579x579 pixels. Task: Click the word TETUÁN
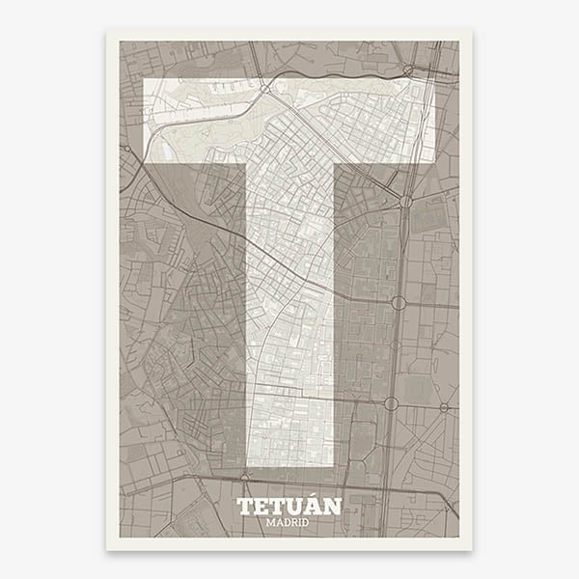click(289, 507)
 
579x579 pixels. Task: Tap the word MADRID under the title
click(289, 522)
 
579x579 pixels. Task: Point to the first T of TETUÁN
click(245, 507)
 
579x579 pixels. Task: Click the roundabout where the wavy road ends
click(409, 69)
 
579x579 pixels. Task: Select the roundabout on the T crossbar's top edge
click(264, 88)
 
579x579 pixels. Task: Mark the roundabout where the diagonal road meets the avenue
click(406, 202)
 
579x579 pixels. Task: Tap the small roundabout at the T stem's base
click(244, 475)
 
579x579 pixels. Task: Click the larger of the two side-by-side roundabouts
click(392, 403)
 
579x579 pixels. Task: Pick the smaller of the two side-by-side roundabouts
click(444, 407)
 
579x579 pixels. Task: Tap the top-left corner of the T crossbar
click(144, 80)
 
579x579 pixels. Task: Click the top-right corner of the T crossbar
click(433, 80)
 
